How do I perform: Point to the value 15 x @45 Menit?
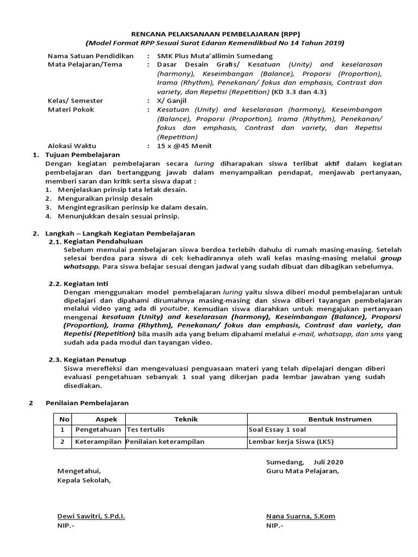(184, 146)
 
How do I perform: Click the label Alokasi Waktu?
(71, 146)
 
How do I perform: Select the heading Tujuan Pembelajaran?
(81, 155)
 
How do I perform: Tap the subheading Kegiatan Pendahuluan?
(103, 241)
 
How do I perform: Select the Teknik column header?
(186, 419)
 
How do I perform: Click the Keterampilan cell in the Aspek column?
(98, 442)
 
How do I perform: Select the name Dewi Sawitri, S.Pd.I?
(91, 516)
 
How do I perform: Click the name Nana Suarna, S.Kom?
(300, 516)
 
